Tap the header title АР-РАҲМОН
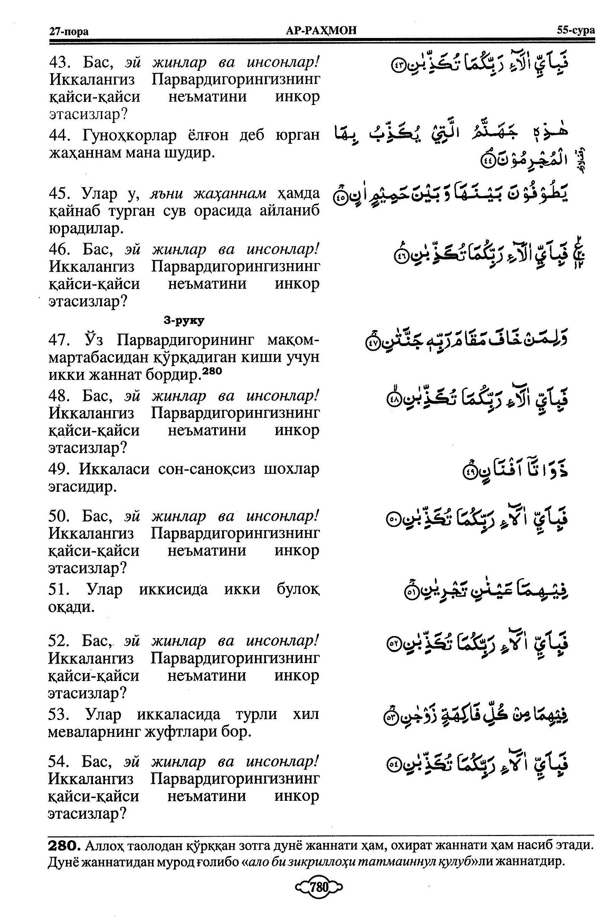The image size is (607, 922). tap(320, 30)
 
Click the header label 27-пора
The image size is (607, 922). tap(69, 31)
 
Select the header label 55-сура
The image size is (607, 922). tap(576, 30)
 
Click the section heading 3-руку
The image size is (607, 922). tap(184, 320)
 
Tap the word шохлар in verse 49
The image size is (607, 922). tap(292, 470)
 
